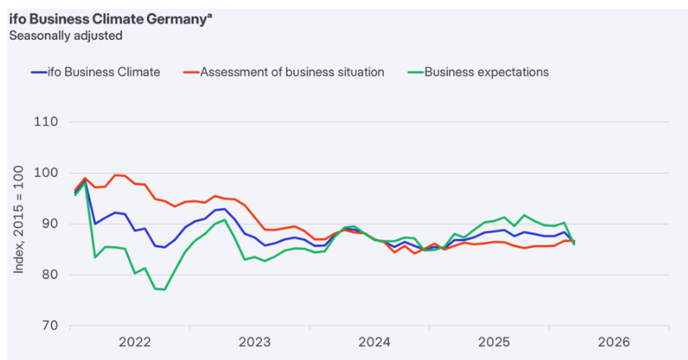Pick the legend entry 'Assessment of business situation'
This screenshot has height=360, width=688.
point(292,72)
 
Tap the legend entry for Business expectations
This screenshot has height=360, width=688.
point(486,72)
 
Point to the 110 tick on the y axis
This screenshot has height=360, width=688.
point(49,122)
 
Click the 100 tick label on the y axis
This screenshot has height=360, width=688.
point(49,173)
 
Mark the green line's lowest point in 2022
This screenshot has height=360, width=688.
point(165,290)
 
